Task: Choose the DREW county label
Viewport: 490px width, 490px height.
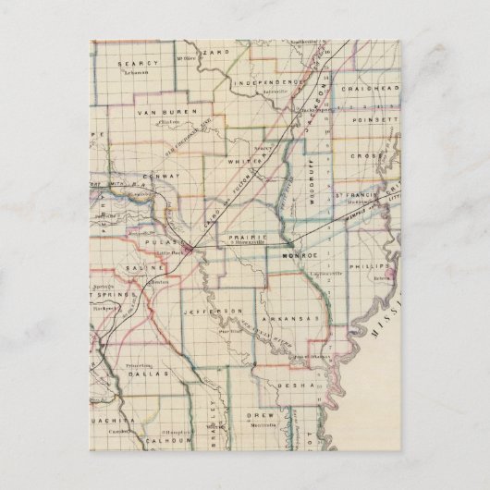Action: pos(260,417)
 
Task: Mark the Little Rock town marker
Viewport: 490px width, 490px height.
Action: pos(189,248)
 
